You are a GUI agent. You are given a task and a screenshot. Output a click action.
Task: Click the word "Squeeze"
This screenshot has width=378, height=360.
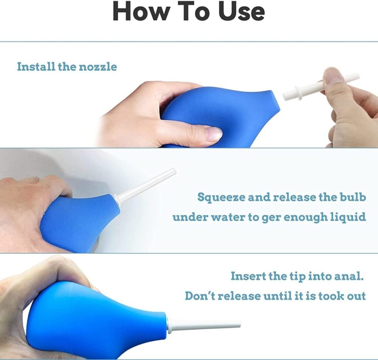(221, 197)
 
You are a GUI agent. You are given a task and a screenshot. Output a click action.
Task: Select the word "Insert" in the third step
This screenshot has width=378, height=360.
(246, 276)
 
